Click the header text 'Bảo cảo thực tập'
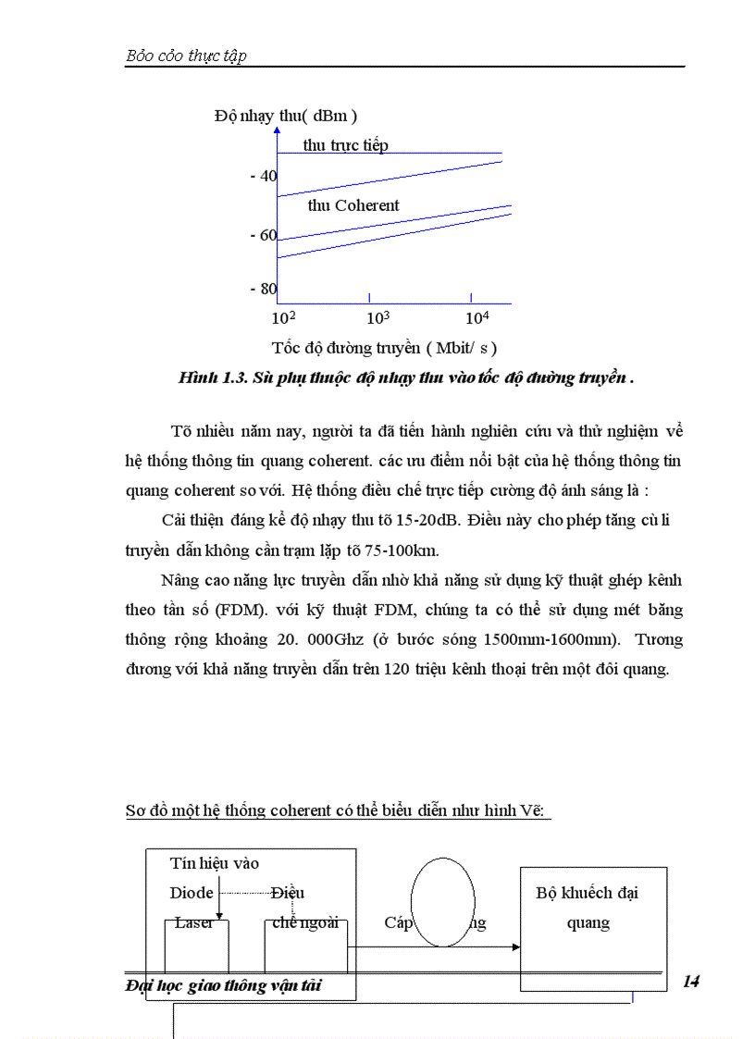[x=186, y=56]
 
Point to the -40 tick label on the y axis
[x=263, y=176]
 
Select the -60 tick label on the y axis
[x=263, y=235]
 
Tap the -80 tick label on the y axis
[x=263, y=289]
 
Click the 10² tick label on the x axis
[x=282, y=317]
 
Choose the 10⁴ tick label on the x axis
[x=477, y=317]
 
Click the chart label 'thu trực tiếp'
[x=345, y=145]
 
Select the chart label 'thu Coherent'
[x=353, y=205]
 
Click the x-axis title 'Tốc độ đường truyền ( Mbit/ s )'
[x=384, y=348]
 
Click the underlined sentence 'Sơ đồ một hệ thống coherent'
[x=242, y=810]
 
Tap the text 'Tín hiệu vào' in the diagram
[x=215, y=863]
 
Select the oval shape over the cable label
[x=442, y=900]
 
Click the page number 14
[x=690, y=982]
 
